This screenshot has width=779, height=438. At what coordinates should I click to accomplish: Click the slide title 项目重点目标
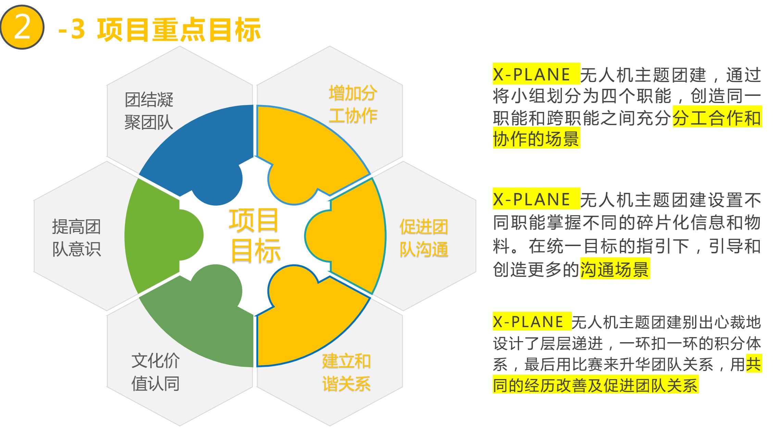click(x=179, y=29)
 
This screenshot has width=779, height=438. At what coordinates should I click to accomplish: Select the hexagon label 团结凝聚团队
click(x=149, y=111)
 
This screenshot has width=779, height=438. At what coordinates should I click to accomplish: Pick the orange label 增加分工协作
click(x=353, y=104)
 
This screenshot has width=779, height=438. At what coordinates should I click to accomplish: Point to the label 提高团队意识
click(x=76, y=238)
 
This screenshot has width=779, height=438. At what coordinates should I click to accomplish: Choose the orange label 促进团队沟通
click(x=424, y=238)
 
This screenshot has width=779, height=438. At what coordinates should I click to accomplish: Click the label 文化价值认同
click(x=156, y=372)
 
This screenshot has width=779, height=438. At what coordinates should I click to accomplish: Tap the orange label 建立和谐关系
click(x=346, y=372)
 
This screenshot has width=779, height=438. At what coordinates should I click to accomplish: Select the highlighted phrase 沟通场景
click(x=615, y=270)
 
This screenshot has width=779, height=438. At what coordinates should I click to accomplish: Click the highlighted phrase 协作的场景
click(x=536, y=139)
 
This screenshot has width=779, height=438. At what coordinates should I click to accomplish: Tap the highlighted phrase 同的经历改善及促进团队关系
click(x=595, y=385)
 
